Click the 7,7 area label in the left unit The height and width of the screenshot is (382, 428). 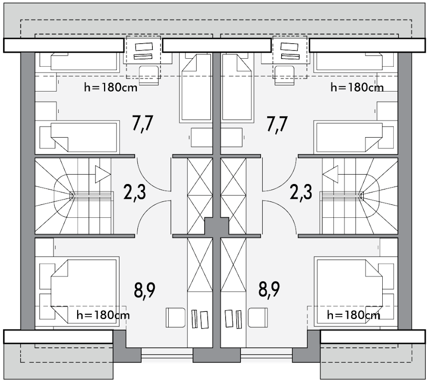pos(143,124)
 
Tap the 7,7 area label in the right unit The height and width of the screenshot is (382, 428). pos(277,124)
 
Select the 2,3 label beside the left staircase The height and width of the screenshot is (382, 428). pos(134,192)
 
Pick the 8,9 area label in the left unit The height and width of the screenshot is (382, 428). pos(145,290)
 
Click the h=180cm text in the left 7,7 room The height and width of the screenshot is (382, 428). pos(111,88)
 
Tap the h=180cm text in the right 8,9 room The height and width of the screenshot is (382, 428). pos(353,315)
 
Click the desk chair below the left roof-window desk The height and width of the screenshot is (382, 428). pos(149,75)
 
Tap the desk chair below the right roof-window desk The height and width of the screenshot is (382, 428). pos(285,75)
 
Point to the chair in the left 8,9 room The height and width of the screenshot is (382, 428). pos(176,318)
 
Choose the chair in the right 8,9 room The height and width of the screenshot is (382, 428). pos(258,318)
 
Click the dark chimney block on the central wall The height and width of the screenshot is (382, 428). pos(216,226)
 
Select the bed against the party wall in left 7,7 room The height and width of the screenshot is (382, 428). pos(196,88)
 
